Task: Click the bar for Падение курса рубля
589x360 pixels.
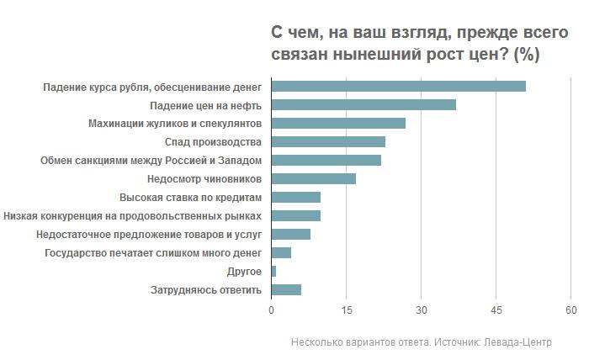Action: click(x=398, y=86)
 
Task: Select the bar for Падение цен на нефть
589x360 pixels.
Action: click(x=363, y=104)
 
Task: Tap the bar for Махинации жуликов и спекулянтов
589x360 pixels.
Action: click(x=338, y=123)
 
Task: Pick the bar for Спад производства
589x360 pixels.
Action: click(x=328, y=141)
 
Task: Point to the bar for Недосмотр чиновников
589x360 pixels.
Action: click(x=313, y=178)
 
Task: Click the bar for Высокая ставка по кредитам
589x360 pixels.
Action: click(x=295, y=197)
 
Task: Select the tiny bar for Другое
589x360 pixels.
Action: click(x=273, y=271)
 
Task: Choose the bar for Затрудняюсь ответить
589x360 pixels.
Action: click(x=286, y=289)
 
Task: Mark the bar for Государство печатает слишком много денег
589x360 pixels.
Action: click(x=281, y=252)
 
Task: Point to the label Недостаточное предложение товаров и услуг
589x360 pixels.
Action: click(x=149, y=234)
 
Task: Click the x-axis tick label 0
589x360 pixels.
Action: click(x=271, y=311)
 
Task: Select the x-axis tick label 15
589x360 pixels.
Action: click(x=346, y=311)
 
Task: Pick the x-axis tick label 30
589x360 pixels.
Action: click(x=421, y=311)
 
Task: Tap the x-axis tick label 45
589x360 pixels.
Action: click(x=496, y=311)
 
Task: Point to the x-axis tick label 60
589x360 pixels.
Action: click(x=570, y=311)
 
